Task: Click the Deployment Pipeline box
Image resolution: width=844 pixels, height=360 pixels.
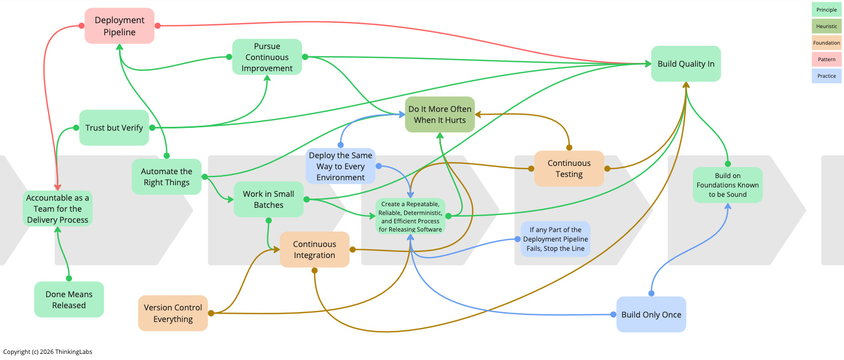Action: pos(119,26)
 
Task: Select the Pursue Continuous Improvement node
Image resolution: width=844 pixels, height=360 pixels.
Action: pos(267,57)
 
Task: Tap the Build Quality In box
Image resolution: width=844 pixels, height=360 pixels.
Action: pos(685,64)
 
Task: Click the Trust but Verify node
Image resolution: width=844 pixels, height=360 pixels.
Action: pos(114,128)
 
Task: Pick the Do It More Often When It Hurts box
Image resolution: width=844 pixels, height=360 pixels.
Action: pos(439,115)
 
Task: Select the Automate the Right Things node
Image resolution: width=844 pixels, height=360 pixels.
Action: pos(166,177)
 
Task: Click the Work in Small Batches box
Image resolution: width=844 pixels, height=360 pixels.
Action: pos(268,200)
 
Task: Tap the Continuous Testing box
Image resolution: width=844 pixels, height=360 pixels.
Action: pos(569,169)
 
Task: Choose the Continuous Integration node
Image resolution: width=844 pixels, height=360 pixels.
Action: pos(314,250)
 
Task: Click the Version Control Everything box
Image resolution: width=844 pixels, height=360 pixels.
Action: pos(173,313)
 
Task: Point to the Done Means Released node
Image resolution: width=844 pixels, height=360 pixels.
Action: pos(69,299)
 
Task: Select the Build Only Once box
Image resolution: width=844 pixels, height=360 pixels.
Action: pos(651,315)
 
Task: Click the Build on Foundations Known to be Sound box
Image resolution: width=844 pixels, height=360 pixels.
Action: pos(727,185)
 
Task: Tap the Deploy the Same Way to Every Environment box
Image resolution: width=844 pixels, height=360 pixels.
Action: pos(340,166)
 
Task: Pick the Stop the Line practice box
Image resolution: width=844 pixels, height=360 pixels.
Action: pos(555,239)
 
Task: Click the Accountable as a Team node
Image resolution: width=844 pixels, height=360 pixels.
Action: pos(57,208)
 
